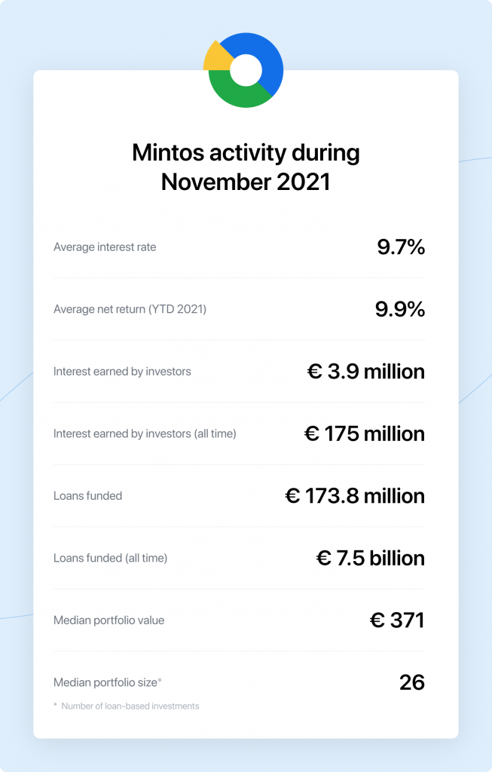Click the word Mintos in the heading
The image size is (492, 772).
click(168, 152)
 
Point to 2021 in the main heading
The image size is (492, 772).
click(304, 182)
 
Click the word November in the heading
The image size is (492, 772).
click(215, 182)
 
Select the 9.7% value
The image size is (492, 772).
click(401, 247)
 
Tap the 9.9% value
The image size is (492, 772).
click(400, 309)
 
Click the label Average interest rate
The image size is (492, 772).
click(105, 247)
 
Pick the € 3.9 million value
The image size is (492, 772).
click(366, 371)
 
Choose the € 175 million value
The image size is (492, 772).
click(365, 433)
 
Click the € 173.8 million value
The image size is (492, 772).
click(355, 496)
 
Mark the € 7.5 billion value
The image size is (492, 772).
click(371, 558)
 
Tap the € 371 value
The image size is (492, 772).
click(397, 620)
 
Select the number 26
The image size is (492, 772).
click(412, 682)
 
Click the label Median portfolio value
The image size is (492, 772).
click(108, 620)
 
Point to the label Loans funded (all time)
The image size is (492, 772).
click(110, 558)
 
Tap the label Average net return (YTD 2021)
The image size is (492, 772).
click(130, 309)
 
